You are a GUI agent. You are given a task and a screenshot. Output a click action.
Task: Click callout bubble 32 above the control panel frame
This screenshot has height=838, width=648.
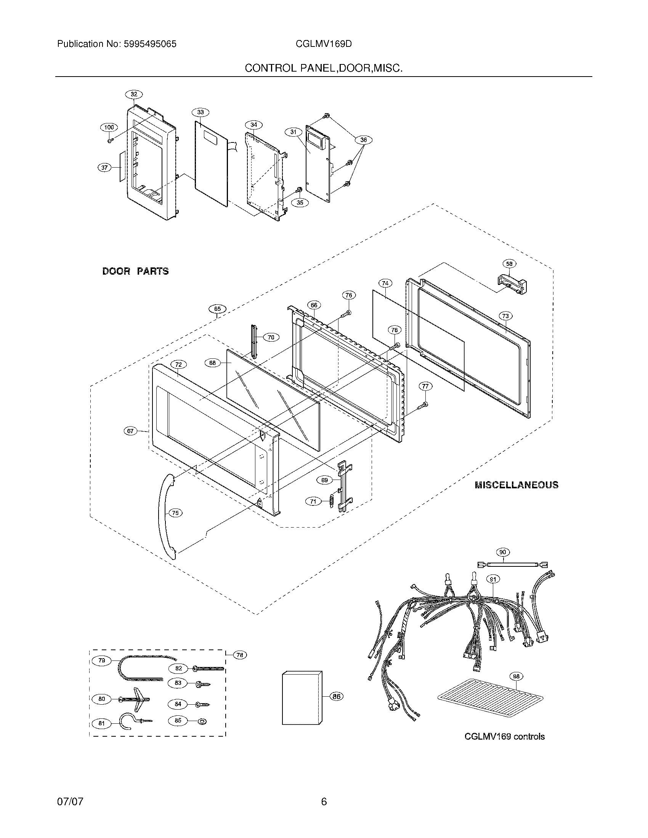[x=133, y=94]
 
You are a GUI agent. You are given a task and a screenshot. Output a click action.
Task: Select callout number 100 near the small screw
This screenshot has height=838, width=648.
[x=109, y=127]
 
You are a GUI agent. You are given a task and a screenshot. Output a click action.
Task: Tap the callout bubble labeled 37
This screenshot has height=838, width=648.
[x=105, y=167]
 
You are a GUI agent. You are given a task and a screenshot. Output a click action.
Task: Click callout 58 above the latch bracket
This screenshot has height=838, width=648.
[x=509, y=264]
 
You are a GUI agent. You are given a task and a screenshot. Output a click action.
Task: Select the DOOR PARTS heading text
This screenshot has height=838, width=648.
[x=135, y=271]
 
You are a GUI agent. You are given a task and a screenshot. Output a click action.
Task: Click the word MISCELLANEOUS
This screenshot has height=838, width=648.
[x=516, y=485]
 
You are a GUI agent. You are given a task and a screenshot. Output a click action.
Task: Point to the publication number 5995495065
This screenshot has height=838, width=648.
[x=150, y=44]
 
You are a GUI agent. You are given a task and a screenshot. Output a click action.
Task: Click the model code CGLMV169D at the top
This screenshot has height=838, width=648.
[x=324, y=44]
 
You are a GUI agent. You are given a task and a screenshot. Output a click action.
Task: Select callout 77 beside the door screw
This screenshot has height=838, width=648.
[x=425, y=386]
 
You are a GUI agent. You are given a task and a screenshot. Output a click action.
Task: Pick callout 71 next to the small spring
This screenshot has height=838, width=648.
[x=313, y=501]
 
